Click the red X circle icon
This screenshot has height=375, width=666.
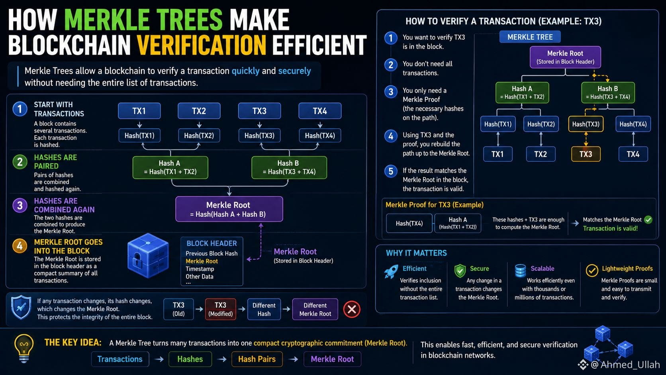click(x=352, y=309)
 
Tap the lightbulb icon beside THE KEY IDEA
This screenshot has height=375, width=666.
click(x=24, y=348)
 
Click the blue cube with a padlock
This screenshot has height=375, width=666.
click(x=148, y=255)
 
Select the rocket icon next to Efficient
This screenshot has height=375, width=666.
click(x=391, y=271)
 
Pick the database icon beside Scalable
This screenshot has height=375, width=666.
click(x=520, y=271)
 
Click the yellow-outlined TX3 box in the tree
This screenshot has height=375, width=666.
click(x=586, y=154)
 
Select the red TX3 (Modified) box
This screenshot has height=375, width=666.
click(x=220, y=309)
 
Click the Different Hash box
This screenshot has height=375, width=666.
click(x=264, y=309)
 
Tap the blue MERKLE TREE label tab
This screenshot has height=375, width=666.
click(x=530, y=37)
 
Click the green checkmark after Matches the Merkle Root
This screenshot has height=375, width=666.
click(x=648, y=220)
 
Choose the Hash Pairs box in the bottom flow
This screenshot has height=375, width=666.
click(x=257, y=359)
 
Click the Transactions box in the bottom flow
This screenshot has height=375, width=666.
click(x=120, y=359)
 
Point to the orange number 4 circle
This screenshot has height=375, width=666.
click(x=20, y=246)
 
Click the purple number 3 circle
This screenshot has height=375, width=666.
click(x=20, y=205)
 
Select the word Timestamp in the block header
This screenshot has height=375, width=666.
click(x=200, y=269)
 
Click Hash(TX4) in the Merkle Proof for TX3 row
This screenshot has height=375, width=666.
click(x=409, y=223)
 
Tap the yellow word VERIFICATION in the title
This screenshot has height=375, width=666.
click(x=201, y=45)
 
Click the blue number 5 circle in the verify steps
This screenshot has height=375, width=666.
click(x=391, y=171)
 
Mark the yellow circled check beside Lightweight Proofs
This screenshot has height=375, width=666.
click(x=592, y=271)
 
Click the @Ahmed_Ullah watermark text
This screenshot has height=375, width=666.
click(x=625, y=364)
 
